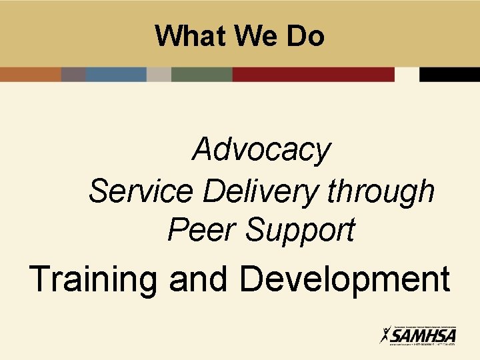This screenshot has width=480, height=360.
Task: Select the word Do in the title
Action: (305, 36)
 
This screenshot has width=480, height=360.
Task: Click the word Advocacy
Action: (261, 150)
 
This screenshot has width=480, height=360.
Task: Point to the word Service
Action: (141, 191)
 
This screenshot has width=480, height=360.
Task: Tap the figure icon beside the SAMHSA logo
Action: (385, 335)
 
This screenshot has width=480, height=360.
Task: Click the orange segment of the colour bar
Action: (30, 74)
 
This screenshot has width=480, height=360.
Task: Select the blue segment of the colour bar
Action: (115, 74)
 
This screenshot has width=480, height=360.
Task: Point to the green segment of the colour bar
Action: (201, 74)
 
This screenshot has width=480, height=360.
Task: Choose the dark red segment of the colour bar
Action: (313, 74)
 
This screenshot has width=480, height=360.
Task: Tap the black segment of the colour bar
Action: (449, 74)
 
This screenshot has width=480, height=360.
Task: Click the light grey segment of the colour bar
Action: (159, 74)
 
